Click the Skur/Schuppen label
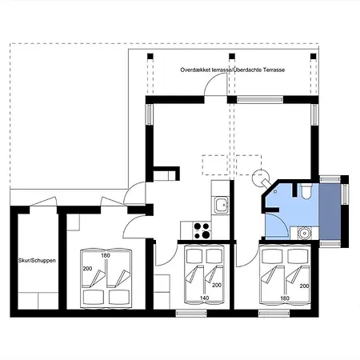37,261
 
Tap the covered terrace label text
233,70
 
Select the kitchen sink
222,205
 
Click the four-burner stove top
202,230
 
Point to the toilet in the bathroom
306,191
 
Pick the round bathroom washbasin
304,233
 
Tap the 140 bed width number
204,298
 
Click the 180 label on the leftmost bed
106,255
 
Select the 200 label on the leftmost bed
87,269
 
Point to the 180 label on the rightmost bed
285,298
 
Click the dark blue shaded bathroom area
330,211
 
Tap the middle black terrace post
232,56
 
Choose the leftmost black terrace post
150,56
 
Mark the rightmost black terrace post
314,56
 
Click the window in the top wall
260,100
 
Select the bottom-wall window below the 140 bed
191,313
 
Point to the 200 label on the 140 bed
217,285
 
